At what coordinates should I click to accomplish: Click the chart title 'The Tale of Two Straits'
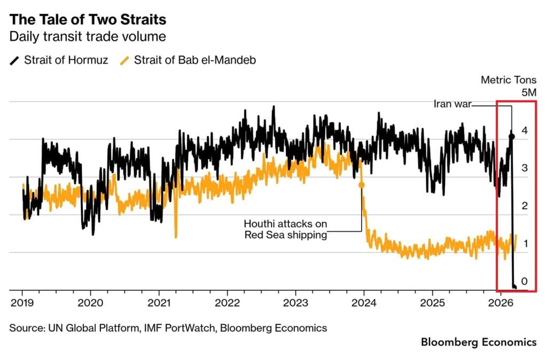[x=88, y=20]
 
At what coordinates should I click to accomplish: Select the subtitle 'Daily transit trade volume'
[x=88, y=37]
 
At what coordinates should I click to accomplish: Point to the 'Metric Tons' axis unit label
[x=509, y=80]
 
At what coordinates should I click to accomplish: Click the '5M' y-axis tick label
[x=528, y=92]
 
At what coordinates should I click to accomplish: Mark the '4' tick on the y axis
[x=525, y=130]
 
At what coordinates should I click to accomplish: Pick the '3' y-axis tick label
[x=525, y=168]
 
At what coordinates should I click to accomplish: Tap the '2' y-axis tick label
[x=525, y=206]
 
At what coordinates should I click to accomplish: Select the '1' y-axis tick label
[x=525, y=244]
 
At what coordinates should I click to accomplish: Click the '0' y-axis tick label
[x=525, y=281]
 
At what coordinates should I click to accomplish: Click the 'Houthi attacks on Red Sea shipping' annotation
[x=285, y=229]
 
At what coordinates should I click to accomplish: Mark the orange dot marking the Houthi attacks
[x=361, y=185]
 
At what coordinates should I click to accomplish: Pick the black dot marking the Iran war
[x=511, y=137]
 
